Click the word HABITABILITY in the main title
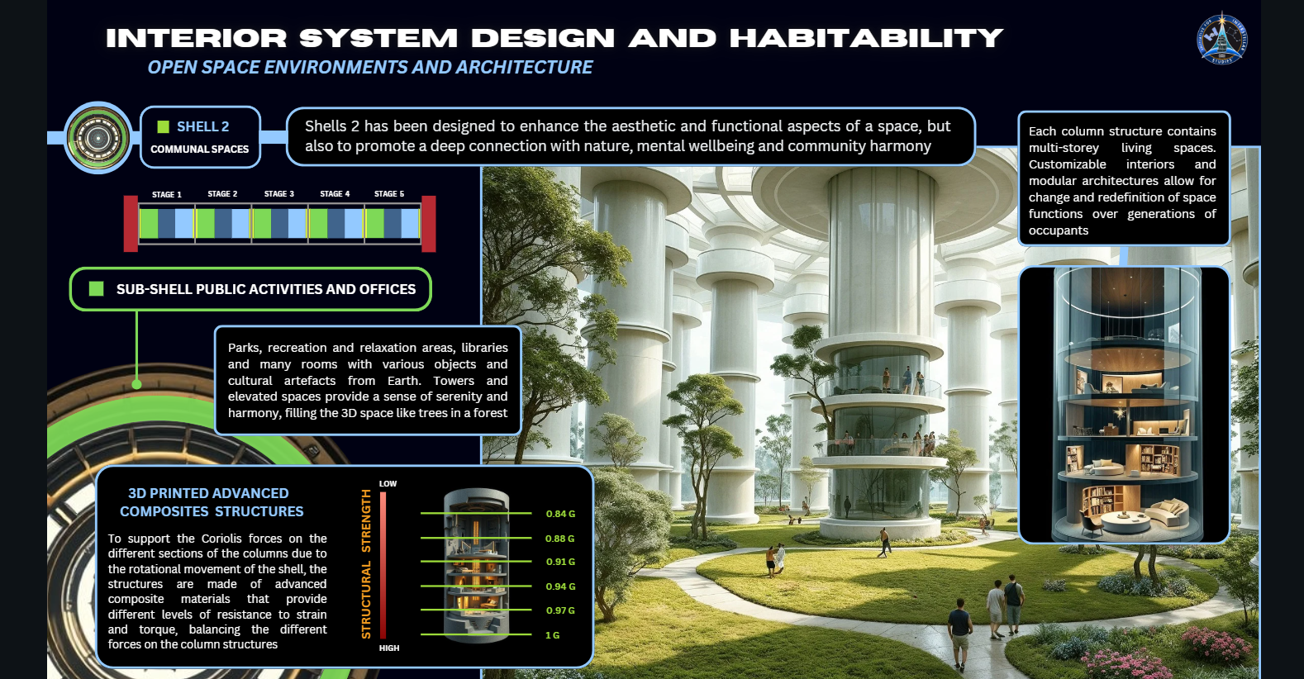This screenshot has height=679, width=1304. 866,38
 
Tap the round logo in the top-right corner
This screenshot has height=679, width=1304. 1222,38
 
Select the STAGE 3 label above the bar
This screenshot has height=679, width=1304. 278,194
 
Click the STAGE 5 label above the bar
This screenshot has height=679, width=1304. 389,194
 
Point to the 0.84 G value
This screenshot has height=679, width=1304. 560,514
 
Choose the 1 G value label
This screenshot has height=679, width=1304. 553,635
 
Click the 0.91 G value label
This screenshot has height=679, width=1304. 560,562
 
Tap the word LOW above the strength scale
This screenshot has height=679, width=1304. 388,483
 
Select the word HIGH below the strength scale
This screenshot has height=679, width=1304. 389,648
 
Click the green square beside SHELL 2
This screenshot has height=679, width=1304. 163,126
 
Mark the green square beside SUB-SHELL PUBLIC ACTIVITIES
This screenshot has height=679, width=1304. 96,288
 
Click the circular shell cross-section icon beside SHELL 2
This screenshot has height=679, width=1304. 98,138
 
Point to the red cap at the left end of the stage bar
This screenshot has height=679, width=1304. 131,224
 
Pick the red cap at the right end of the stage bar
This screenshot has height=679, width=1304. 428,224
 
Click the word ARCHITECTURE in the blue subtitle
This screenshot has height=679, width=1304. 524,68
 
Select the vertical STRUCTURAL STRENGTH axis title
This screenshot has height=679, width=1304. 365,564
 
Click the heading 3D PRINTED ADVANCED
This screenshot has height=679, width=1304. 208,493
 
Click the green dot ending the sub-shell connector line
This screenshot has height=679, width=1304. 137,384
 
